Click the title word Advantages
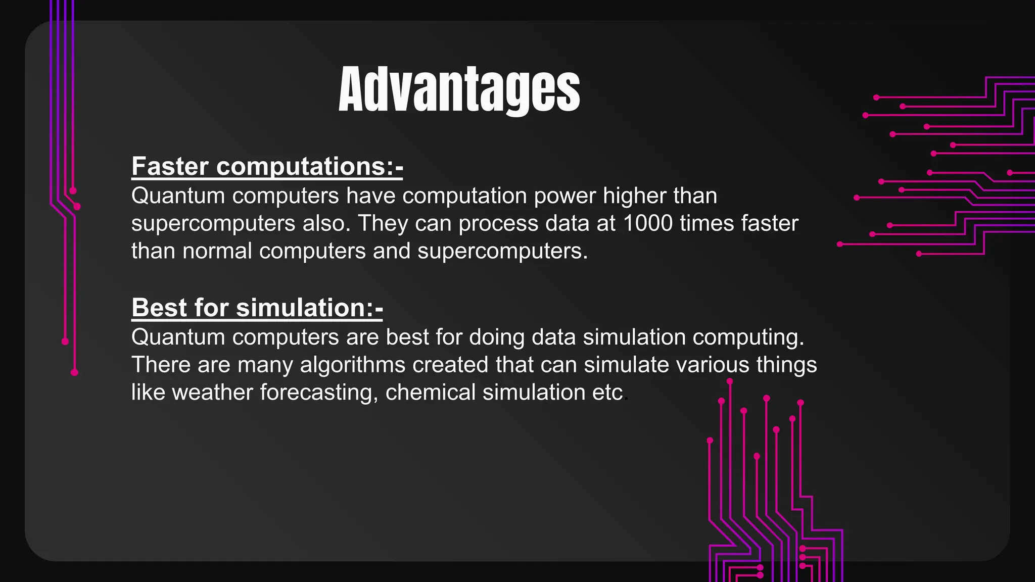click(459, 89)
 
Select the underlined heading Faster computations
click(267, 166)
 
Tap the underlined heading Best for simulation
click(257, 307)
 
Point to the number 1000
click(648, 223)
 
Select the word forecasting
click(319, 393)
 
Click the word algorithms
click(352, 365)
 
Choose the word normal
click(217, 251)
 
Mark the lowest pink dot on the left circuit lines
click(74, 373)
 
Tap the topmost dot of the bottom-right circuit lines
click(729, 381)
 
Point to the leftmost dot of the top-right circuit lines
click(840, 245)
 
